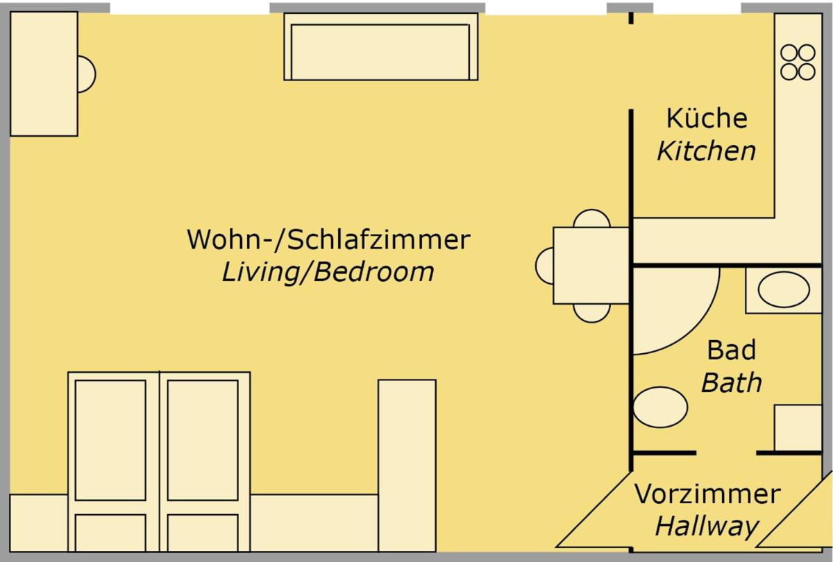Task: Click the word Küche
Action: click(x=707, y=119)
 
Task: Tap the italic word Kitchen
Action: click(x=706, y=151)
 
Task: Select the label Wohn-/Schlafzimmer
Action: click(x=328, y=240)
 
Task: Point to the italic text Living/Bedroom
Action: click(x=328, y=272)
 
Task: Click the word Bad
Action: click(x=731, y=350)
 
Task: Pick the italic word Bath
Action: click(x=731, y=382)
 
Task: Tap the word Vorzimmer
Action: click(x=707, y=495)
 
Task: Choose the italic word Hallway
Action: click(x=707, y=527)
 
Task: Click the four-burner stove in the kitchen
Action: click(x=798, y=62)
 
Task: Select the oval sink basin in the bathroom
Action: click(x=784, y=289)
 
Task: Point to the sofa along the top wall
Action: click(x=381, y=47)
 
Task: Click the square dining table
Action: click(x=591, y=266)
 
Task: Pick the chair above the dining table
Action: click(x=592, y=219)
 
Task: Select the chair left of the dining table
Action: click(x=544, y=266)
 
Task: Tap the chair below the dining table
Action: click(x=592, y=313)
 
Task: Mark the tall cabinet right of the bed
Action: click(x=407, y=465)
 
